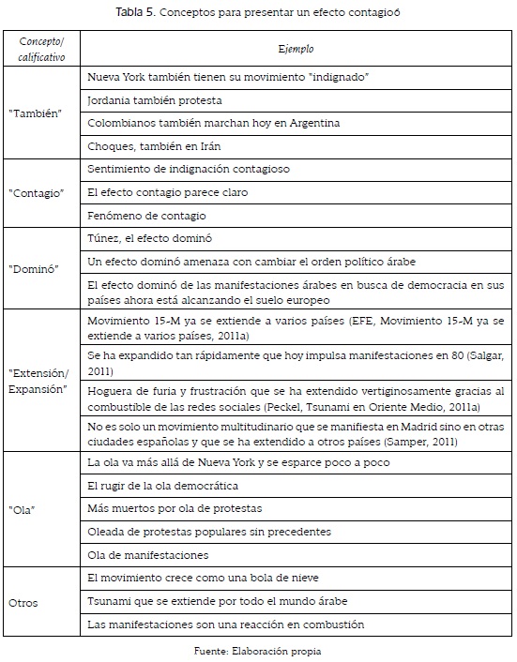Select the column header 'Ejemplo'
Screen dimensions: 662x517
[296, 47]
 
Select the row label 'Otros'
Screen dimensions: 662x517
[25, 601]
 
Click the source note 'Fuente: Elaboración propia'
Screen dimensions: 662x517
[258, 649]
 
